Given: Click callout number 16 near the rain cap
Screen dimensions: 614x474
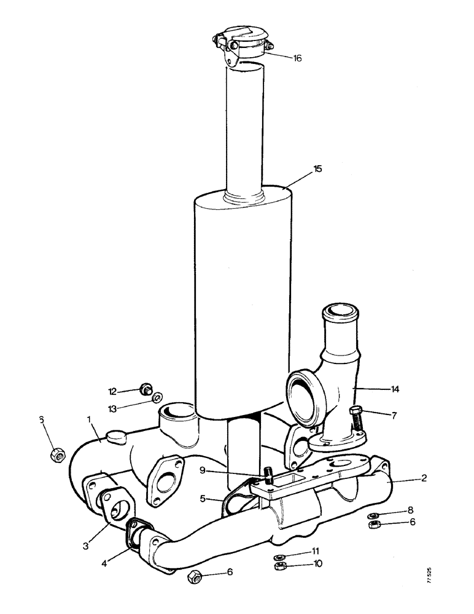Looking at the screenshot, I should coord(297,58).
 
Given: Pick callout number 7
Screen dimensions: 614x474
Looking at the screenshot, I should coord(393,416).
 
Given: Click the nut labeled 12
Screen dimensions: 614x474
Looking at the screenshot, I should coord(146,388).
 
